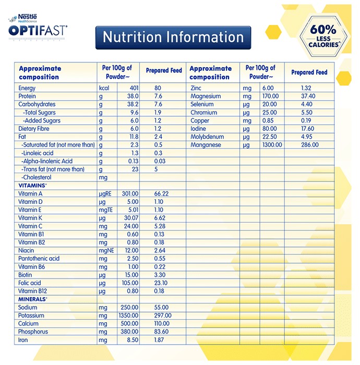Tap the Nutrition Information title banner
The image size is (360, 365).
(x=173, y=38)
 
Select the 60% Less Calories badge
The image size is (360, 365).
(x=323, y=36)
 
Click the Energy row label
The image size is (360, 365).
(x=27, y=88)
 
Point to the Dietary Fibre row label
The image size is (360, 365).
(x=34, y=129)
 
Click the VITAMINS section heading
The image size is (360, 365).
(x=32, y=186)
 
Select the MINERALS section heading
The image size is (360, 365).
(x=33, y=299)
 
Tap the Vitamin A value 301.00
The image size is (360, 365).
(x=130, y=193)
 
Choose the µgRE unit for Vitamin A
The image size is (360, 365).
(x=105, y=194)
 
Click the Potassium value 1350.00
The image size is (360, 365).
(x=128, y=315)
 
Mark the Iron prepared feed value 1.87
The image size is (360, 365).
(x=159, y=340)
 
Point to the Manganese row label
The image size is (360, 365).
(x=206, y=145)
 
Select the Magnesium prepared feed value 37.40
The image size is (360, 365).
(x=308, y=96)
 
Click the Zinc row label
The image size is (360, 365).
(x=196, y=88)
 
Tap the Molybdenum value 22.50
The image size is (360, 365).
(x=270, y=137)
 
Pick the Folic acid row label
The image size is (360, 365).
(x=30, y=283)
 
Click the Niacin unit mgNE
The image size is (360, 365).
(x=106, y=251)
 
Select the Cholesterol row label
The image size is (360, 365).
(x=37, y=177)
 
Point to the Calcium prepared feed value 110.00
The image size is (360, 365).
(x=162, y=324)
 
